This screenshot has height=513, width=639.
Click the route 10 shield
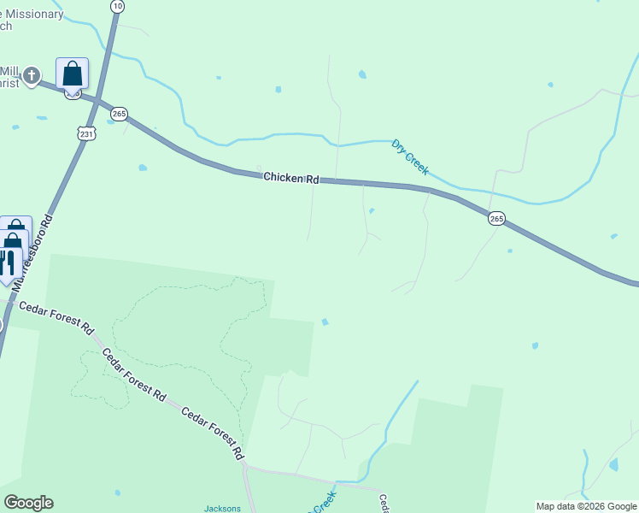(117, 6)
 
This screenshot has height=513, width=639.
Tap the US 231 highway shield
(86, 133)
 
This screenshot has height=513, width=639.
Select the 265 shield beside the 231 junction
(119, 114)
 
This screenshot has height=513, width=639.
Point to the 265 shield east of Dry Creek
(497, 219)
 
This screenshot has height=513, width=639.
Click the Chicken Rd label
(290, 178)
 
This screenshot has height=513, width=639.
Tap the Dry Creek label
(410, 157)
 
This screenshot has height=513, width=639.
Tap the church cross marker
(32, 76)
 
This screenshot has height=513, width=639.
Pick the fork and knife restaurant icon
(8, 261)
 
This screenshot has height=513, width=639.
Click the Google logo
(28, 503)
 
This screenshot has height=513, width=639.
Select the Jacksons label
(222, 508)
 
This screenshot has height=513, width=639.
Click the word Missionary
(32, 14)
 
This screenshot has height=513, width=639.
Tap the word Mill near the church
(9, 70)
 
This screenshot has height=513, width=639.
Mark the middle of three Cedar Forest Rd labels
(134, 374)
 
